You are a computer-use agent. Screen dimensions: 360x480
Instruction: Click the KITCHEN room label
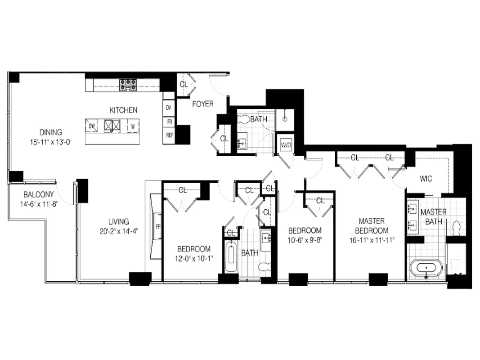(x=124, y=110)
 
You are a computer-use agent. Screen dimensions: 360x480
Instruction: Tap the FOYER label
(x=203, y=104)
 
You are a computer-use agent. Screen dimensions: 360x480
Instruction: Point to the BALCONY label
(x=39, y=195)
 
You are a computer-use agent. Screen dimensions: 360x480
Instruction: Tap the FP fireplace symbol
(x=158, y=226)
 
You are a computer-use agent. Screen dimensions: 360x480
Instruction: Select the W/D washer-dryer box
(x=286, y=145)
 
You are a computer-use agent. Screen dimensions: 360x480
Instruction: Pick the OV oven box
(x=169, y=108)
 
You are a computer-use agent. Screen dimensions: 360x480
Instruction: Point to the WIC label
(x=426, y=179)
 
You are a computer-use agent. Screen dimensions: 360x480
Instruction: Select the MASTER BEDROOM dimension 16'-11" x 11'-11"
(x=372, y=239)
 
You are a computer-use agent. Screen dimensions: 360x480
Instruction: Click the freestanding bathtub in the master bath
(x=426, y=269)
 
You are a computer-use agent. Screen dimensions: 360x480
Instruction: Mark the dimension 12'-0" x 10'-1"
(x=194, y=258)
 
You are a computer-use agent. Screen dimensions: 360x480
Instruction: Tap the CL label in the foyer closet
(x=184, y=85)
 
